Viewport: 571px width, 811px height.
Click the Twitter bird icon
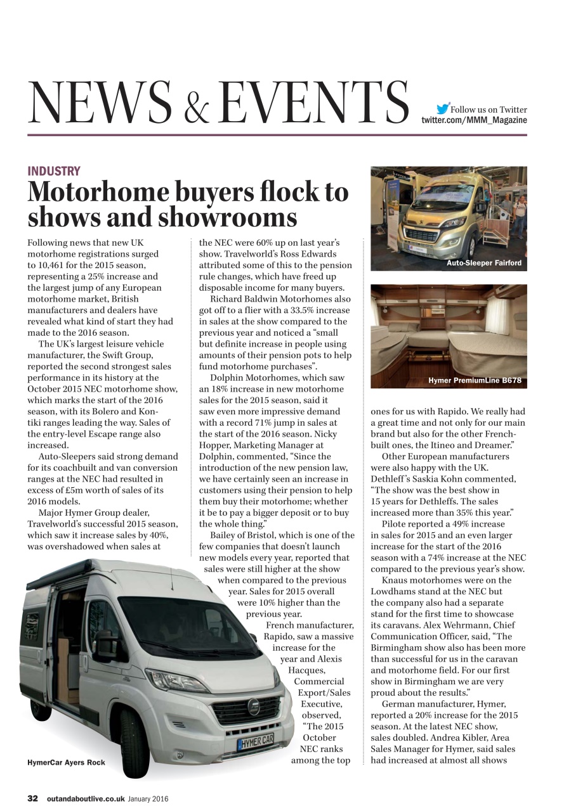point(443,108)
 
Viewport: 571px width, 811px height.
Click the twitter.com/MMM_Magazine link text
point(474,120)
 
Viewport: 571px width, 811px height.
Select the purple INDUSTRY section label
point(54,171)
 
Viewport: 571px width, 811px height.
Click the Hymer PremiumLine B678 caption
point(475,381)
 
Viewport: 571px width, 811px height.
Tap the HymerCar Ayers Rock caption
point(66,762)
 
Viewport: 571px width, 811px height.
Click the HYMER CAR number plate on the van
point(256,740)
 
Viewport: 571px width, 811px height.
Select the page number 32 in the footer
point(33,799)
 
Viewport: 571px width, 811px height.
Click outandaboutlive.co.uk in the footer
point(85,799)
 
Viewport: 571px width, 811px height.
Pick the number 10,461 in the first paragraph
point(55,265)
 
